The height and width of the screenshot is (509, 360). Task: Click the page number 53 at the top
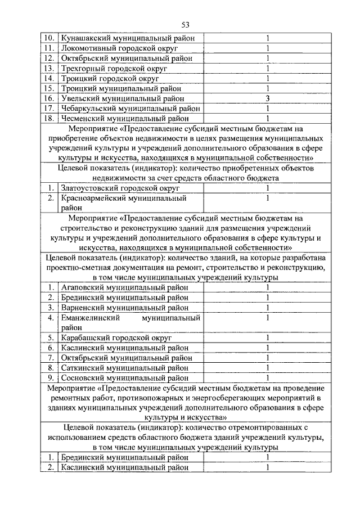pyautogui.click(x=186, y=24)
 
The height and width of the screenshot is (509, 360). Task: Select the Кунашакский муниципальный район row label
pyautogui.click(x=128, y=38)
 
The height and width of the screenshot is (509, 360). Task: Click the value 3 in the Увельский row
pyautogui.click(x=268, y=98)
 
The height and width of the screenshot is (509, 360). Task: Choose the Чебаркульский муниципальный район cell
pyautogui.click(x=130, y=109)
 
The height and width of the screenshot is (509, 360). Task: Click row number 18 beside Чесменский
pyautogui.click(x=49, y=119)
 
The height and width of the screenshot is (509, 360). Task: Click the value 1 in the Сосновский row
pyautogui.click(x=268, y=378)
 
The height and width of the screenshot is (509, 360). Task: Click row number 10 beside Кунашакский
pyautogui.click(x=49, y=38)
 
